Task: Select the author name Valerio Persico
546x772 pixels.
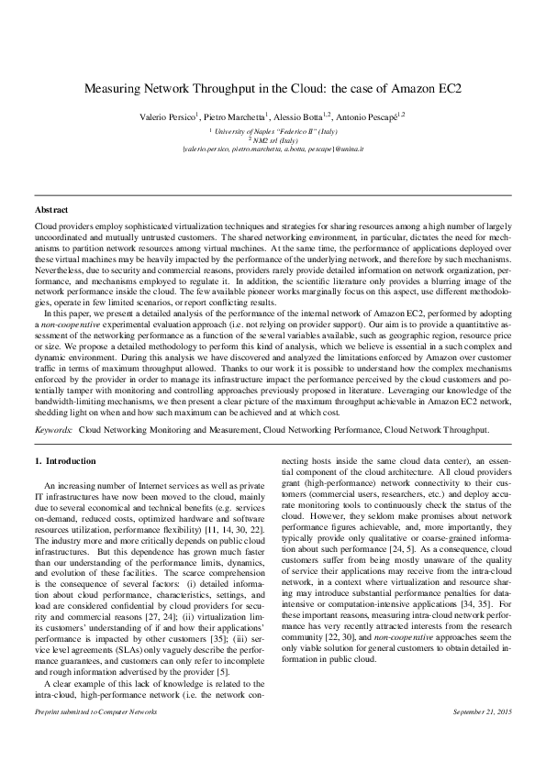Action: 170,118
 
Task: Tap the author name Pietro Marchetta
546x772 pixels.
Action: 233,118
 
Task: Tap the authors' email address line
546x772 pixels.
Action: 273,148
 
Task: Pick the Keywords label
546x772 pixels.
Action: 53,428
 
